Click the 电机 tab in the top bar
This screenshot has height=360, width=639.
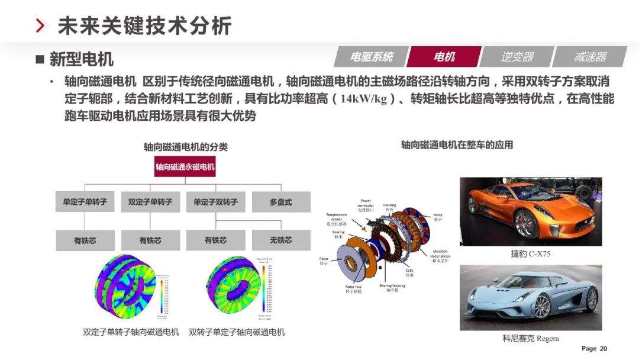coord(444,57)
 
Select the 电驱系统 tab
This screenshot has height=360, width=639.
coord(372,57)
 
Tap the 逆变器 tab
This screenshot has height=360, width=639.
coord(517,57)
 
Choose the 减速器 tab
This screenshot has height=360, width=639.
coord(590,57)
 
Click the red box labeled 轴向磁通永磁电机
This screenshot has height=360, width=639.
coord(185,167)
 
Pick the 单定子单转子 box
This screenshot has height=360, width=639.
coord(85,202)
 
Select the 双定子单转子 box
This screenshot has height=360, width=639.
coord(150,202)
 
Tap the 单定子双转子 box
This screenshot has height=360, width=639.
coord(215,202)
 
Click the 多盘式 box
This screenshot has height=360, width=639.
coord(280,202)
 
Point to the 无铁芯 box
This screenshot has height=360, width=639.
coord(280,240)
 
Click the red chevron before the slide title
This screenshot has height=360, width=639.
coord(40,26)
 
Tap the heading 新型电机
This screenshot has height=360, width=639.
coord(81,59)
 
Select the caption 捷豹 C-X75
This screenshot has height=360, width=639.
coord(531,254)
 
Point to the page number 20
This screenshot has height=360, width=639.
coord(603,349)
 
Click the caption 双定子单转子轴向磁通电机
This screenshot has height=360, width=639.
coord(131,332)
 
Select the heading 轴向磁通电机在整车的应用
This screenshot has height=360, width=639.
coord(457,144)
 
